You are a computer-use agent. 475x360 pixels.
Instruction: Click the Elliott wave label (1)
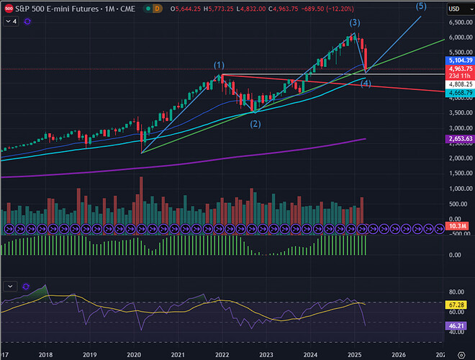coord(219,66)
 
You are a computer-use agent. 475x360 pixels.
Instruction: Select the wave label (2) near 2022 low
coord(255,124)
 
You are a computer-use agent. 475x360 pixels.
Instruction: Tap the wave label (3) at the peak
coord(355,23)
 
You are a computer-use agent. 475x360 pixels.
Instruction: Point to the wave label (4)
coord(366,84)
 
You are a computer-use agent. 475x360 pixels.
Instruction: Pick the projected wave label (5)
coord(421,6)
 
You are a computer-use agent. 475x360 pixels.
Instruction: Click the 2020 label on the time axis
coord(134,354)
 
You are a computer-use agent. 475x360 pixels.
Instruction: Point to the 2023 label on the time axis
coord(266,354)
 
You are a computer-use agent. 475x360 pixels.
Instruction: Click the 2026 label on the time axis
coord(399,354)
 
